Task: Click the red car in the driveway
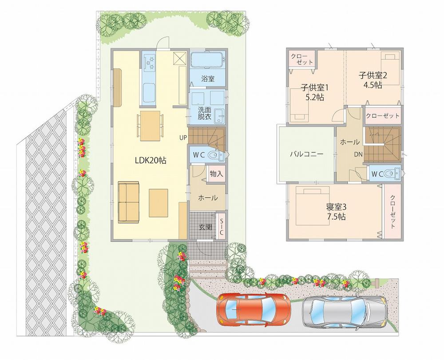254,309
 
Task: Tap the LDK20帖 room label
151,161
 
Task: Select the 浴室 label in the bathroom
207,79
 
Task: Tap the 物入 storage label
216,174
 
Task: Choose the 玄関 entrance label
205,227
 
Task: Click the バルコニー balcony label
306,154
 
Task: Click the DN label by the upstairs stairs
358,155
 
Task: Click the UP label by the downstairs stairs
182,137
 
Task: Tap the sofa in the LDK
128,202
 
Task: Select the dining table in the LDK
150,126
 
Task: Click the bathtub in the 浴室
208,60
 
